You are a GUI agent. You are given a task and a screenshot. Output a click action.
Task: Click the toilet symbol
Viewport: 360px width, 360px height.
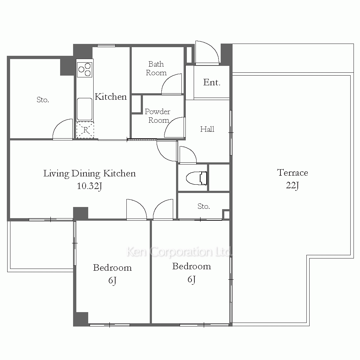tap(197, 178)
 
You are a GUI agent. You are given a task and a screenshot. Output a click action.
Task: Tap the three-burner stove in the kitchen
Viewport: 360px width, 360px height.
tap(85, 69)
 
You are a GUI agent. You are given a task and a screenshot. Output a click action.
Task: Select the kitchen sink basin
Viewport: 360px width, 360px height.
tap(85, 109)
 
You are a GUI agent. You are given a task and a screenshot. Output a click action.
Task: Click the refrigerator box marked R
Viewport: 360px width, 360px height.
tap(85, 130)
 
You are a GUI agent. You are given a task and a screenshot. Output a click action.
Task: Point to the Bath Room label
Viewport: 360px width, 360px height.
tap(156, 68)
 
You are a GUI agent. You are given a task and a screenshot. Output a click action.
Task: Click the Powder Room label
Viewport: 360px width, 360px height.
tap(158, 116)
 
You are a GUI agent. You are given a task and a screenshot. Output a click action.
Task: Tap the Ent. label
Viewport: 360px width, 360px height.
tap(212, 82)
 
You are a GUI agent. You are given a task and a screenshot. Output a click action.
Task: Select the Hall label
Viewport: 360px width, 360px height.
tap(207, 129)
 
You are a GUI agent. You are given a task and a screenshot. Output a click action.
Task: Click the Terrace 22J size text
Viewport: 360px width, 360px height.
tap(292, 185)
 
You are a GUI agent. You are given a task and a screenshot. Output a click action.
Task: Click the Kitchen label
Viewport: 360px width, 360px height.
tap(111, 96)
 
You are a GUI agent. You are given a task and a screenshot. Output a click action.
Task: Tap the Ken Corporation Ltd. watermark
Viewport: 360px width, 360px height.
tap(179, 252)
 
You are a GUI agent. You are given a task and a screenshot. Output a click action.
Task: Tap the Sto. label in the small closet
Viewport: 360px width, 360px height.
tap(204, 206)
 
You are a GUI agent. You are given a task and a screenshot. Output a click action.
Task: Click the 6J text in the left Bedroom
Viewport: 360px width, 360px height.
tap(112, 280)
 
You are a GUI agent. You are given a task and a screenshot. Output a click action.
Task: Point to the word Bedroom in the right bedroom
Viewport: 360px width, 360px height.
tap(192, 266)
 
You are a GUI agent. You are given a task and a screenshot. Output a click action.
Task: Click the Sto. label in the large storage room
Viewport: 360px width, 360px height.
tap(43, 100)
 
